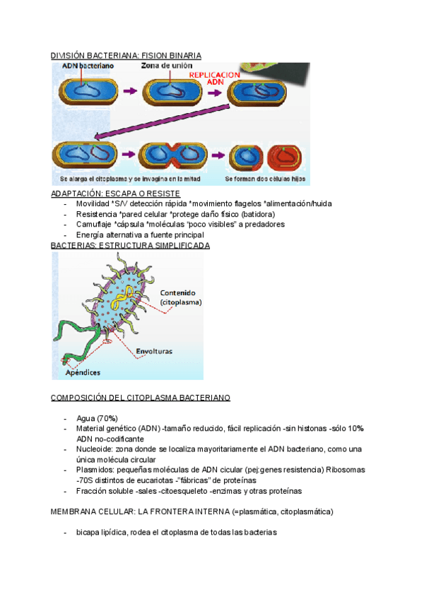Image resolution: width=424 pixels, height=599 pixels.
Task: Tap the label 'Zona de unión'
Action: click(165, 66)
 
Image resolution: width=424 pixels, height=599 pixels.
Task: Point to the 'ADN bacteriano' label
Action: click(87, 66)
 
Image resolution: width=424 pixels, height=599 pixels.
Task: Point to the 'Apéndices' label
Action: click(83, 372)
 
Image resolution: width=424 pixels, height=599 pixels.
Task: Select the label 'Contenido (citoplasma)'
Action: click(182, 297)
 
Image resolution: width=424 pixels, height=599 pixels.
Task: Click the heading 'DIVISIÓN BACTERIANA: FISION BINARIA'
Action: click(126, 55)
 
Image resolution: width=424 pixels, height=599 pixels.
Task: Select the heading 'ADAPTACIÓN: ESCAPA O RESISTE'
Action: click(116, 194)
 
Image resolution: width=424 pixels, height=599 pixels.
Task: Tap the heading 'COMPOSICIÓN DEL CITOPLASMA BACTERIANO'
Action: click(141, 398)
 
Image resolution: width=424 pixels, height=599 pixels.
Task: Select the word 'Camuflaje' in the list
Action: click(94, 224)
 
